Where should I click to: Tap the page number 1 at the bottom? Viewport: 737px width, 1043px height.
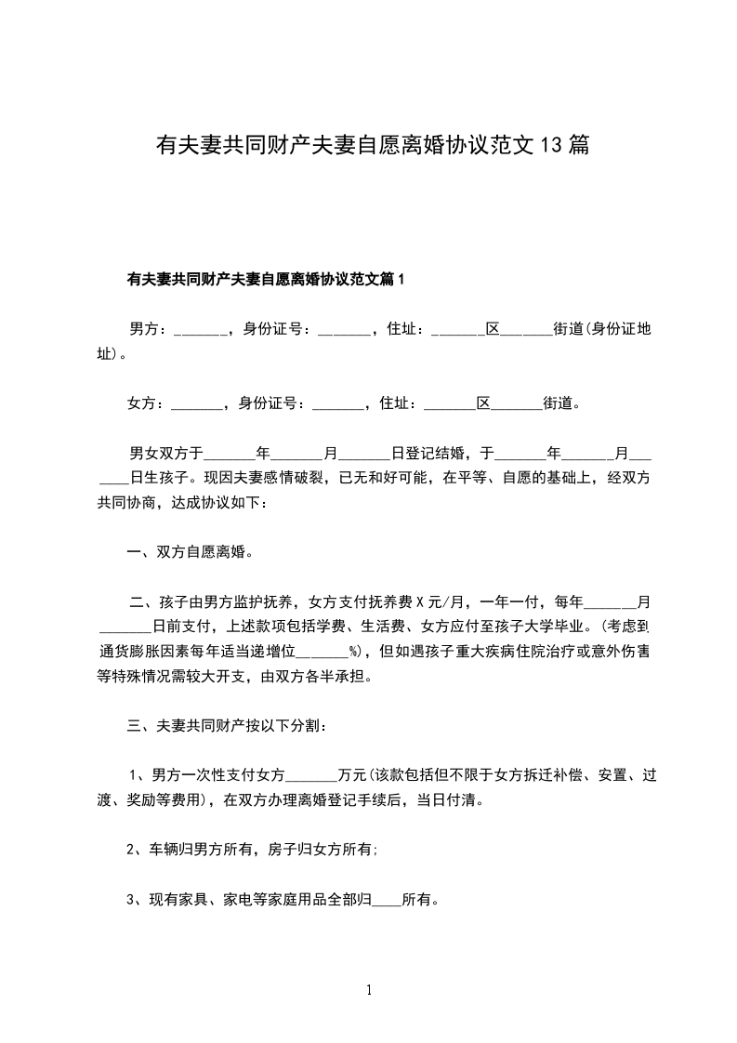tap(369, 991)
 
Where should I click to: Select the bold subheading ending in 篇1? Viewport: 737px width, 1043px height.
tap(265, 279)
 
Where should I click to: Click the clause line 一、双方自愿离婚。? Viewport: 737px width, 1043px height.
tap(191, 552)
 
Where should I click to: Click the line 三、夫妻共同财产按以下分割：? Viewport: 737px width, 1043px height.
tap(226, 726)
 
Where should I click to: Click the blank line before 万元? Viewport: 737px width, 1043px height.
tap(314, 775)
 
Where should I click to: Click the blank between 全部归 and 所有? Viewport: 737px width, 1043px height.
tap(387, 901)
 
